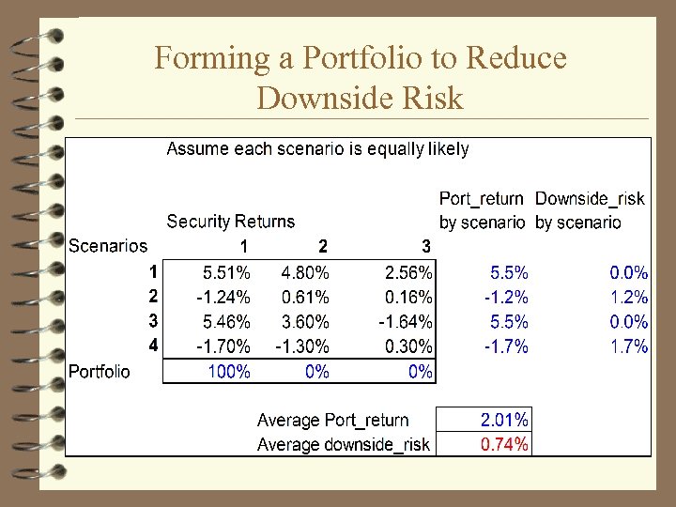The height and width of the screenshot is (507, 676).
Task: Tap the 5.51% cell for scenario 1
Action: click(227, 273)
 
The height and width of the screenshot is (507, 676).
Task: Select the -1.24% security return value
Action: click(223, 298)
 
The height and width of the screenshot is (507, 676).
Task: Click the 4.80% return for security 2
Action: click(305, 273)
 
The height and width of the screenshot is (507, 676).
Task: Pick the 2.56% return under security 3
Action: click(409, 273)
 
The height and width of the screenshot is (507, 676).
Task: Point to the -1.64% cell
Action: click(407, 322)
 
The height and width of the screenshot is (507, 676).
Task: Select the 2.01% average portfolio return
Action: click(504, 420)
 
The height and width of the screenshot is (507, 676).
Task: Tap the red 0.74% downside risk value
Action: click(504, 444)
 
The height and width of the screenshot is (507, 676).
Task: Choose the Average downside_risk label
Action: click(343, 444)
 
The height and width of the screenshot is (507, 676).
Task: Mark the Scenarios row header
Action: click(108, 246)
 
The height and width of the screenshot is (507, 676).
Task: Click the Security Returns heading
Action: click(230, 222)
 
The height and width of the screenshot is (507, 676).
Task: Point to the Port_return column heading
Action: click(482, 198)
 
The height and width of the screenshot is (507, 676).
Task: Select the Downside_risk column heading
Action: click(590, 198)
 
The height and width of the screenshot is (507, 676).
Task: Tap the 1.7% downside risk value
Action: click(629, 346)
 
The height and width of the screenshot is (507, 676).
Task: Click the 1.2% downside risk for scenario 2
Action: click(629, 298)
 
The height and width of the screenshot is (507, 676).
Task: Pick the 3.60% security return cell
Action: click(305, 322)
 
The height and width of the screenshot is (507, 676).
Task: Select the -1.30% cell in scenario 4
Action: click(301, 346)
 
